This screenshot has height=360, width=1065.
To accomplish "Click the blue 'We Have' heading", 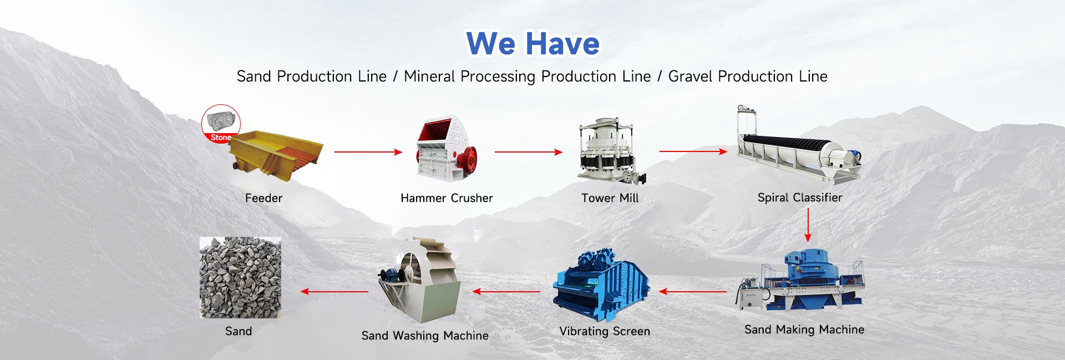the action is tap(532, 43).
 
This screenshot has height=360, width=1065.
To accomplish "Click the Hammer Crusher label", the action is tap(447, 198).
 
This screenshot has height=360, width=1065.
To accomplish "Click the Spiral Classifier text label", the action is tap(800, 197).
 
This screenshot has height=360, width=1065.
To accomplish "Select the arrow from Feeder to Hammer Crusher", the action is tap(368, 152).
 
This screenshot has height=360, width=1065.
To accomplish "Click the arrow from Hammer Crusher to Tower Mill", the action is tap(529, 152).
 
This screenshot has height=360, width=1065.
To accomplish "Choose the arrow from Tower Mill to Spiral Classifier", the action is tap(693, 151).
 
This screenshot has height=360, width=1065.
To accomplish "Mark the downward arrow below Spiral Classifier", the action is tap(808, 225).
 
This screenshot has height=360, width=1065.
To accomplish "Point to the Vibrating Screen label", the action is tap(605, 331).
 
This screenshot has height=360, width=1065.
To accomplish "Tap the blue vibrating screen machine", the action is tap(601, 285).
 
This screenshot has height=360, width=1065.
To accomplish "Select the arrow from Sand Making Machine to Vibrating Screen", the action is tap(693, 291).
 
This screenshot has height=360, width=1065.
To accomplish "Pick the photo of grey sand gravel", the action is tap(240, 278).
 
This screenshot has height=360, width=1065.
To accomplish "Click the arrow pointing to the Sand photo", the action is tap(334, 291).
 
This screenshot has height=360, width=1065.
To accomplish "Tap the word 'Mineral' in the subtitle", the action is tap(430, 76).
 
